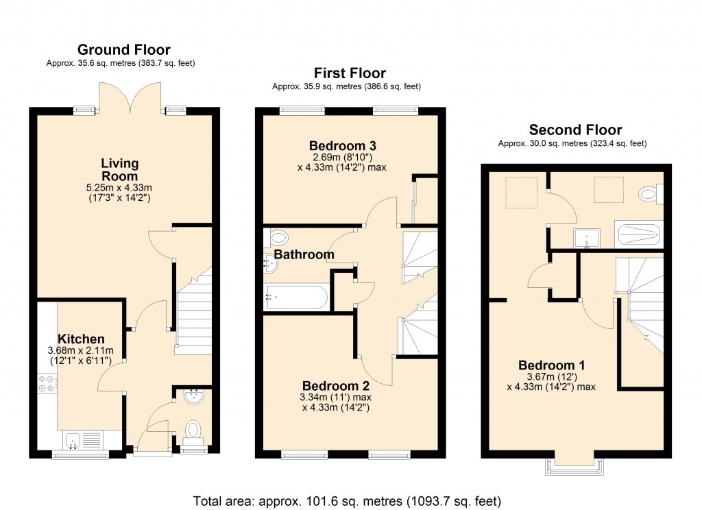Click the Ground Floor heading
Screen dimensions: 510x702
(124, 49)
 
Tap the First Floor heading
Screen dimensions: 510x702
(350, 73)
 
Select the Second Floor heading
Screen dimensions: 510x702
(575, 130)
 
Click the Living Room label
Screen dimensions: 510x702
(120, 170)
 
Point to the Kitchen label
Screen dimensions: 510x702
(81, 339)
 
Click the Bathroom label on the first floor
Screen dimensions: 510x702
(304, 254)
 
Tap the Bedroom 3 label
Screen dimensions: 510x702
(343, 146)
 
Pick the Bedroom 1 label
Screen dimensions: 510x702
(551, 365)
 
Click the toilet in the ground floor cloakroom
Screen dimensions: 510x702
(194, 430)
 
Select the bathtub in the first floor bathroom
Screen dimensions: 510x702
(295, 297)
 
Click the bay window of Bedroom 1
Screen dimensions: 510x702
(575, 466)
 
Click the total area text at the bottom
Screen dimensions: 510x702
(347, 499)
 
